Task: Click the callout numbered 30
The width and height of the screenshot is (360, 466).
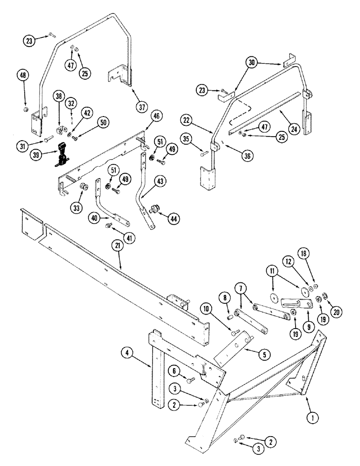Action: pos(252,63)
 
